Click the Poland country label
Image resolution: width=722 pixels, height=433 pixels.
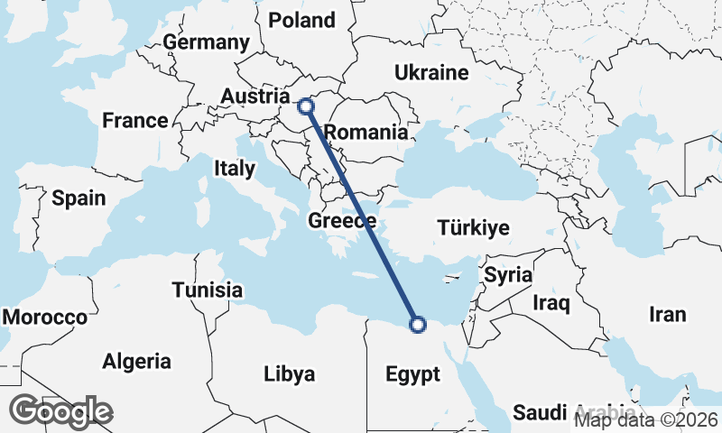click(x=301, y=20)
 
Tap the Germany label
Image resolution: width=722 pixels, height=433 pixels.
click(x=206, y=42)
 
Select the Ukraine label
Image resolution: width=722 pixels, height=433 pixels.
click(x=432, y=73)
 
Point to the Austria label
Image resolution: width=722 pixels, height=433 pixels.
click(x=255, y=97)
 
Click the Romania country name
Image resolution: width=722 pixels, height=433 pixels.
click(x=366, y=133)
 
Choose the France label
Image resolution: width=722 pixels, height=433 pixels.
click(x=135, y=120)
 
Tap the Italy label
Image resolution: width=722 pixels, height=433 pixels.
click(x=235, y=168)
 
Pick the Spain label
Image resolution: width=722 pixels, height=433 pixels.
click(x=79, y=198)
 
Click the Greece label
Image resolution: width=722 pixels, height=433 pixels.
click(x=342, y=221)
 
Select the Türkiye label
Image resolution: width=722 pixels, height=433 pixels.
click(x=473, y=227)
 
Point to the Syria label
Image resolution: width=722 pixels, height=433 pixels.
click(x=509, y=275)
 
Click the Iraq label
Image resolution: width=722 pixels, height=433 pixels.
click(x=551, y=302)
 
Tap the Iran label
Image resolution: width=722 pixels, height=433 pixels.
click(x=667, y=315)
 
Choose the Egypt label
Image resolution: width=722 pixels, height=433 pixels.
click(x=412, y=374)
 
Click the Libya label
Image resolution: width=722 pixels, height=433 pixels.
click(x=289, y=373)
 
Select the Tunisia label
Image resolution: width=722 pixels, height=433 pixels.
click(x=208, y=290)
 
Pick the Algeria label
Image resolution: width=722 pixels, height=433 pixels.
click(x=136, y=362)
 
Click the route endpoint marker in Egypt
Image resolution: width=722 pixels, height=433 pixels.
click(x=417, y=325)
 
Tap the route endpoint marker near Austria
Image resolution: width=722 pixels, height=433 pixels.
click(x=306, y=106)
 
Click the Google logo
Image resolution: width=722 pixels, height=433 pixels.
click(x=61, y=411)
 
